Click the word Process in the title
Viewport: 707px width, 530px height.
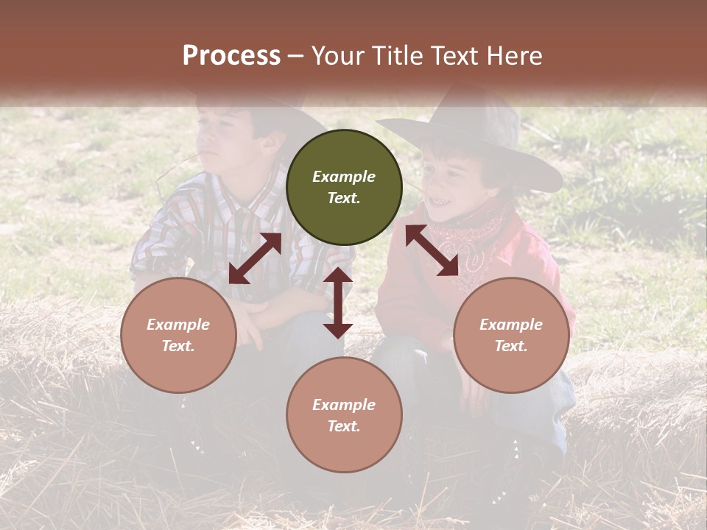tap(231, 56)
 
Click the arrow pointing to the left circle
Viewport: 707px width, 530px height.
tap(255, 258)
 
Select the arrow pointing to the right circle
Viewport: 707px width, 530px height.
tap(432, 250)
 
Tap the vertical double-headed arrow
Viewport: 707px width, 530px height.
tap(338, 303)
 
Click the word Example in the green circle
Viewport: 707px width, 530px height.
tap(344, 177)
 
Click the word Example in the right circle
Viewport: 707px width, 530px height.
tap(511, 325)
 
